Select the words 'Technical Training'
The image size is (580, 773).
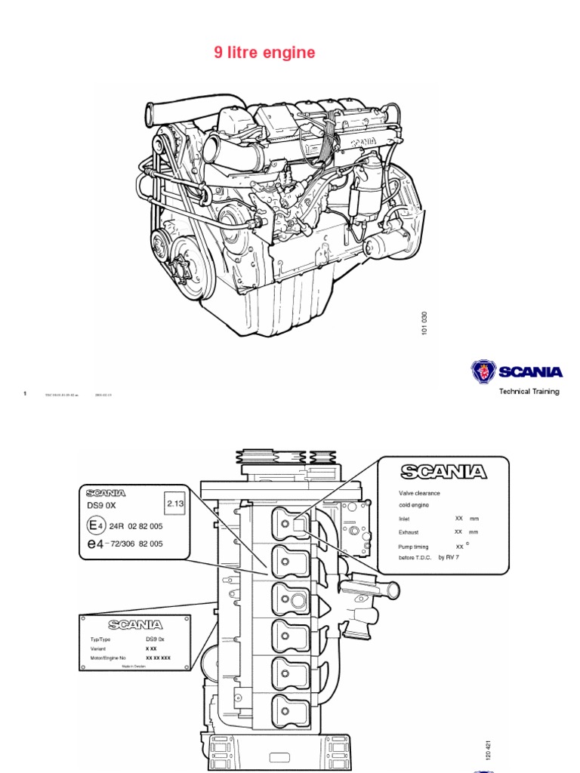click(529, 391)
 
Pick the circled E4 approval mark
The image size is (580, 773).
click(94, 525)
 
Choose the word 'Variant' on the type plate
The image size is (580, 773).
click(99, 648)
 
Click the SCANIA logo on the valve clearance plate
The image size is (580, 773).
click(443, 473)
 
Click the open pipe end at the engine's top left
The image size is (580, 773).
click(150, 117)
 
